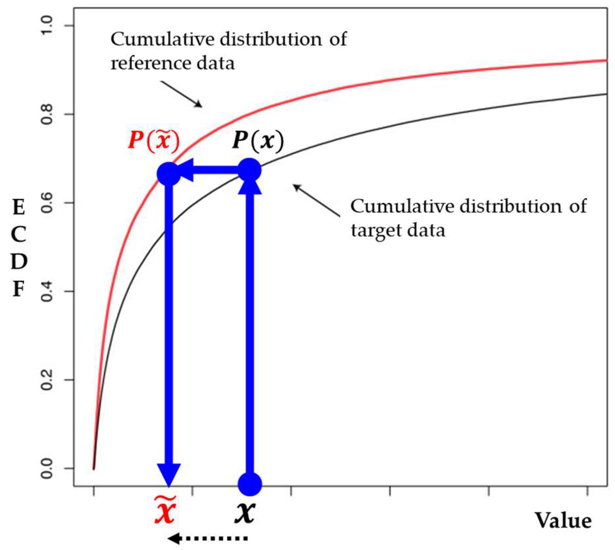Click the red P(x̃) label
click(154, 141)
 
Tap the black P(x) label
click(258, 141)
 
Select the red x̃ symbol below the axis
click(165, 510)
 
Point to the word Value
click(563, 521)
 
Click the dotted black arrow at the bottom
click(208, 539)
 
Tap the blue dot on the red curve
click(169, 174)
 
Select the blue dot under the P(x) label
click(250, 171)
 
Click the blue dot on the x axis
click(250, 484)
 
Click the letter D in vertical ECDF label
click(19, 262)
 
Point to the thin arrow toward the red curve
click(181, 94)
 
